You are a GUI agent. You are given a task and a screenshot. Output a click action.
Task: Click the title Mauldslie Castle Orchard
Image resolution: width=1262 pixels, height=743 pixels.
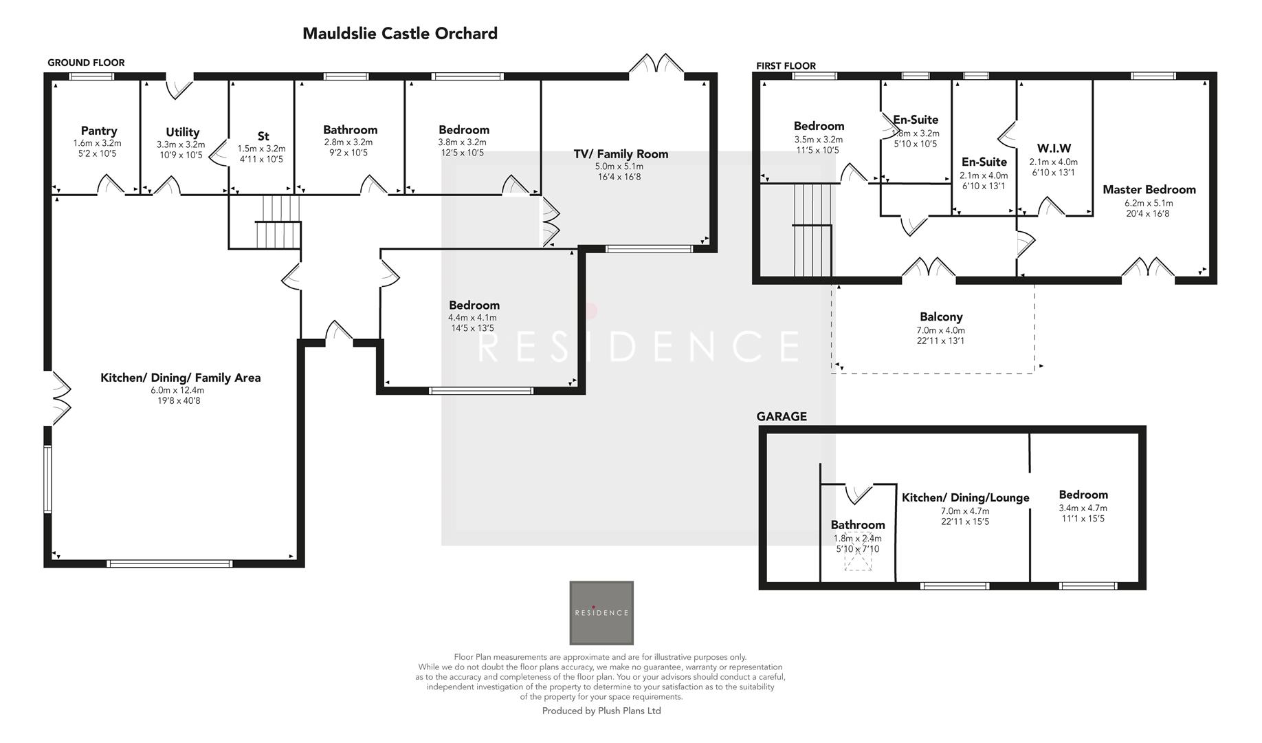(399, 34)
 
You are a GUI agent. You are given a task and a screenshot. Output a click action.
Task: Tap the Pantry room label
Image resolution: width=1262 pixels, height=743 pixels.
(99, 131)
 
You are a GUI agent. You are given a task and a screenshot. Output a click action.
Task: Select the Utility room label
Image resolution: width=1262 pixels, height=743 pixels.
(182, 132)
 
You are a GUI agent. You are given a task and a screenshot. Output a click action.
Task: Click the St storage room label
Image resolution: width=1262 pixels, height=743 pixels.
(263, 136)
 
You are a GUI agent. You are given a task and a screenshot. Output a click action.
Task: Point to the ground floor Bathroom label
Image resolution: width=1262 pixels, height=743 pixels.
(350, 130)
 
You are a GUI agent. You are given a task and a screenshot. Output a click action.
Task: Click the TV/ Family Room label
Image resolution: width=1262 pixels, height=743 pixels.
(621, 154)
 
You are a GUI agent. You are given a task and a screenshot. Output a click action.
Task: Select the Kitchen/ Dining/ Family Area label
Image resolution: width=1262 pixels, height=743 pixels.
(180, 378)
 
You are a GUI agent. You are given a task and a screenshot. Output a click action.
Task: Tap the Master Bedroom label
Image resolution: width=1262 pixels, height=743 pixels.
(1149, 190)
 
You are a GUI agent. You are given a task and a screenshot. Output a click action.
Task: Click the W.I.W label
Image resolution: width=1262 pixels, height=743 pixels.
(1054, 149)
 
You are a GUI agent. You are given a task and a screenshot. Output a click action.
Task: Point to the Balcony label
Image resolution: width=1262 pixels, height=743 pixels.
(941, 317)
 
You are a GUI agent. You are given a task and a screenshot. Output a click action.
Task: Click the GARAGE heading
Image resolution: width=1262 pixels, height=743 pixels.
(781, 417)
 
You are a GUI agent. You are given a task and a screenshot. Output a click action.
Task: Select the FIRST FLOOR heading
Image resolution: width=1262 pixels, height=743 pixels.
(786, 66)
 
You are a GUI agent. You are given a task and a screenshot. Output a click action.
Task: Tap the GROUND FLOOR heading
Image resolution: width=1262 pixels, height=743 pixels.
(86, 63)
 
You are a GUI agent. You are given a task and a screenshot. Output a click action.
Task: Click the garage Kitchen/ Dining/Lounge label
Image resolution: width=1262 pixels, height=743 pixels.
(965, 498)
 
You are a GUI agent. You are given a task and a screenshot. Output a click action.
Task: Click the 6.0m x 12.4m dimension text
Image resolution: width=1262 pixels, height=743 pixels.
(177, 390)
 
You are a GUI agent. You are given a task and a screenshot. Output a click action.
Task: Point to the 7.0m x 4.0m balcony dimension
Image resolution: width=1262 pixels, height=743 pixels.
(941, 330)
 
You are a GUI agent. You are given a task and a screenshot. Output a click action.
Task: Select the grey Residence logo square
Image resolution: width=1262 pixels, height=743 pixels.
(601, 612)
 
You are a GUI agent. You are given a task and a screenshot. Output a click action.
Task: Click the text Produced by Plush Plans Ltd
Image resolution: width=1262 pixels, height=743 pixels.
(601, 711)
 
